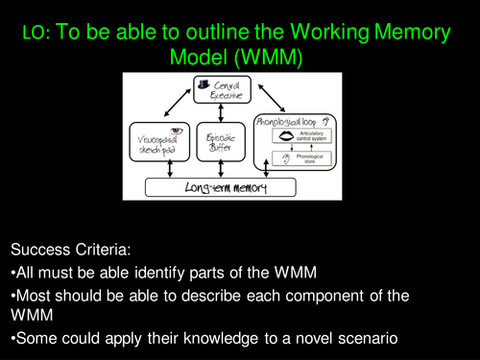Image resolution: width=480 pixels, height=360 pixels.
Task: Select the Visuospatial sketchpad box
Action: click(x=165, y=145)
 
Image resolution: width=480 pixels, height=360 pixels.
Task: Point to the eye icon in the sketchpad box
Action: click(x=177, y=131)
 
